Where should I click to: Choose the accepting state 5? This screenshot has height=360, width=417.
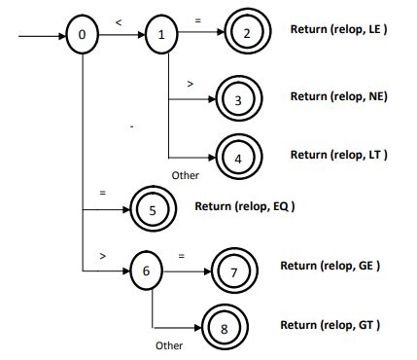point(152,208)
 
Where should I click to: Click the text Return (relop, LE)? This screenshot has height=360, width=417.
point(339,29)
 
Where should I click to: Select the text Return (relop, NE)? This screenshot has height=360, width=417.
point(339,96)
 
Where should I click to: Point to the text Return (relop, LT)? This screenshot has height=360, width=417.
point(339,155)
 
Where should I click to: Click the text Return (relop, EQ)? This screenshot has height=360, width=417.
point(244,206)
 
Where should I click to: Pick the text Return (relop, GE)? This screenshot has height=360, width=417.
point(330,265)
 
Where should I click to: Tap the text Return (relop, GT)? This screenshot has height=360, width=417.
point(330,324)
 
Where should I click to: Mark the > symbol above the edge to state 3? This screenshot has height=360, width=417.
point(190,85)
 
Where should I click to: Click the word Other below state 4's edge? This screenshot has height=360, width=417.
point(185,175)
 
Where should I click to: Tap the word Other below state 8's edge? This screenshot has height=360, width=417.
point(168,345)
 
